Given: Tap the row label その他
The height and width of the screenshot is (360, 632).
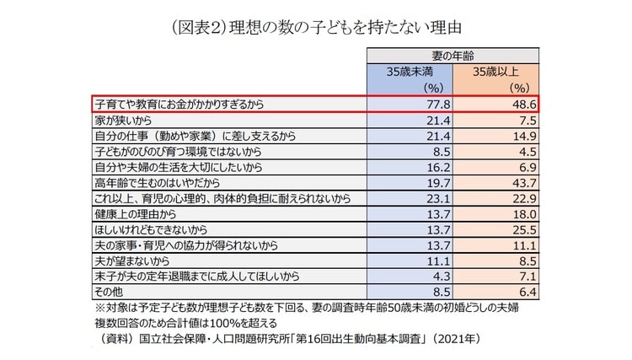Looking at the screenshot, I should point(108,290).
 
